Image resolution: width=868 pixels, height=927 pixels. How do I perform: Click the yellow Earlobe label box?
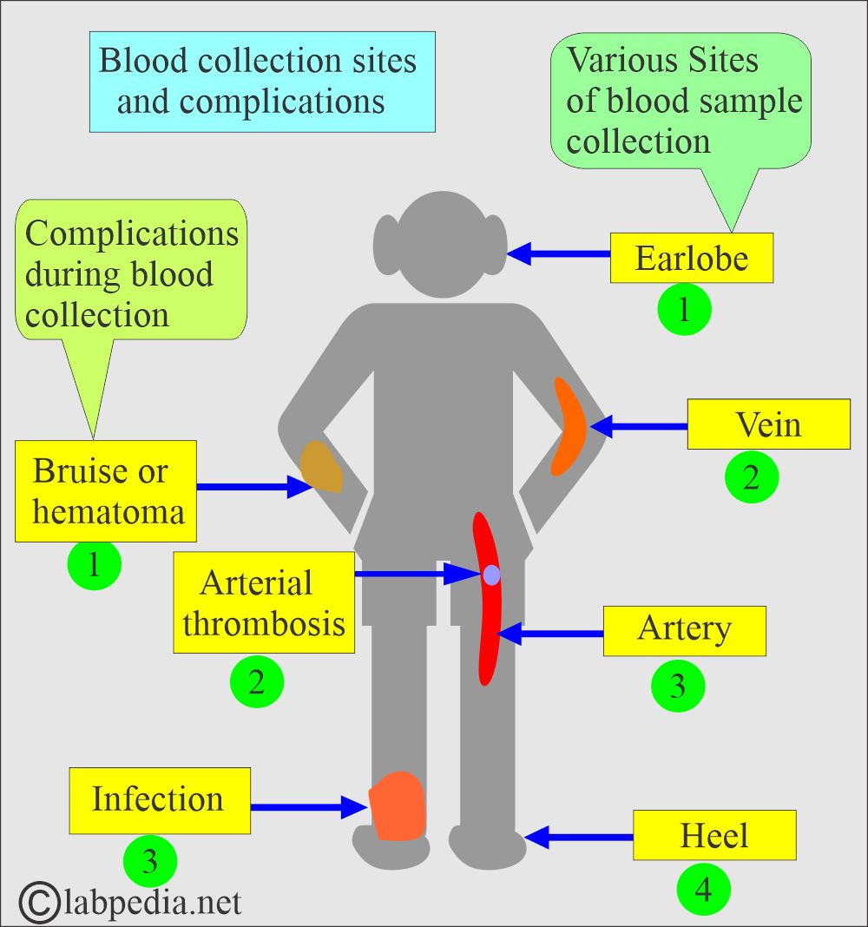tap(691, 258)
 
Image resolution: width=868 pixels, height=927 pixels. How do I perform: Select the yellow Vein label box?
tap(768, 424)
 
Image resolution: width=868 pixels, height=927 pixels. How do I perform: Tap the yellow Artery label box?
tap(684, 630)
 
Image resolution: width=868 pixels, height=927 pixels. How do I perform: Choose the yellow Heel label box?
tap(714, 835)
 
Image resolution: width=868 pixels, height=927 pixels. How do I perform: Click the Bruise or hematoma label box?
tap(106, 490)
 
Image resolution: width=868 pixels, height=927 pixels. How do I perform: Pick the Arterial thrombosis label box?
tap(264, 602)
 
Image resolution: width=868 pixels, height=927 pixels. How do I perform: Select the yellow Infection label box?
tap(160, 800)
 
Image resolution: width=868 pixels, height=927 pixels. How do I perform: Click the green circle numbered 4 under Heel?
tap(704, 890)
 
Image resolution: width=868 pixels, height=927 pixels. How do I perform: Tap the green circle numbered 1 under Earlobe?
tap(684, 310)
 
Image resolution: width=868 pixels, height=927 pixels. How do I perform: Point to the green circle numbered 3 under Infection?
tap(150, 862)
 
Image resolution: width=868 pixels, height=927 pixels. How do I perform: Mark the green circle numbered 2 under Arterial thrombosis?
tap(256, 681)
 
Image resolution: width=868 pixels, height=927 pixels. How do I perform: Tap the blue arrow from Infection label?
tap(308, 807)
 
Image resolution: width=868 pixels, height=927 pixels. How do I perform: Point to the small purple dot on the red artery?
tap(491, 575)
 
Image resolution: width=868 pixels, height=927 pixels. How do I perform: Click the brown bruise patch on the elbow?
tap(321, 468)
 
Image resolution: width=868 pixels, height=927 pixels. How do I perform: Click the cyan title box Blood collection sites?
tap(262, 82)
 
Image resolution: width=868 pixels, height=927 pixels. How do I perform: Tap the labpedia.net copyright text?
tap(130, 902)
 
